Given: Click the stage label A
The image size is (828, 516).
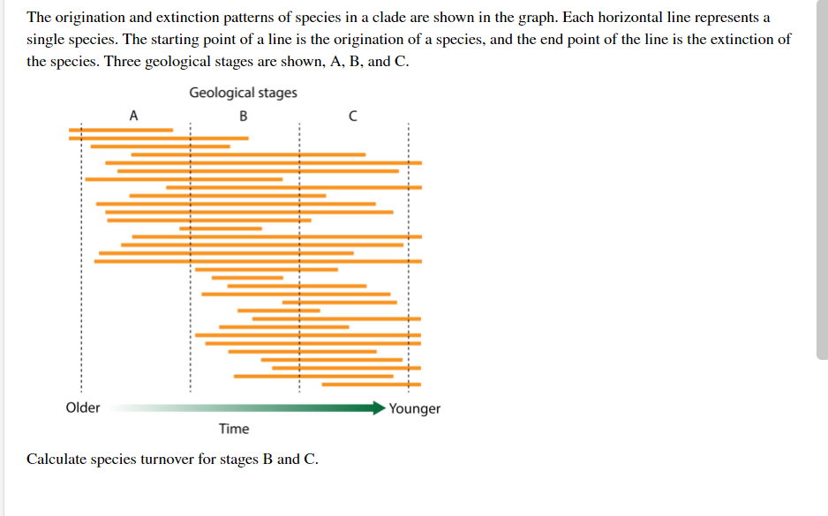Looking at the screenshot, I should coord(133,116).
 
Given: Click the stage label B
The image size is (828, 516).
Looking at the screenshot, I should coord(244,116).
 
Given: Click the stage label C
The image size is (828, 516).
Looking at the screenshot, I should coord(352,116).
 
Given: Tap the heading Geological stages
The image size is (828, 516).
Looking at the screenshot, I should coord(243,93).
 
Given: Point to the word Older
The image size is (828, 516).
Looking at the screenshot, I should coord(83,408).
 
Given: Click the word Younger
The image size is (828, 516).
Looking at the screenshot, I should coord(414,408).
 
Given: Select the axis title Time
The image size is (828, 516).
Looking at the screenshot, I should coord(234,429).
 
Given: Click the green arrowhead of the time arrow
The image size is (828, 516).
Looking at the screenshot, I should coord(377,408).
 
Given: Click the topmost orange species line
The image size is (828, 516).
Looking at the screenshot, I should coord(121,130).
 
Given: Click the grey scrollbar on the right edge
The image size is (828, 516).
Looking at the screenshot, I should coord(822,176).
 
